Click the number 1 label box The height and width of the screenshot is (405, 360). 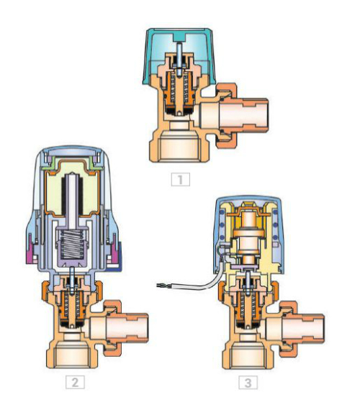click(181, 179)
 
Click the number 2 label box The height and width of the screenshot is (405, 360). click(75, 382)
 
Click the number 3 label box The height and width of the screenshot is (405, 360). click(248, 382)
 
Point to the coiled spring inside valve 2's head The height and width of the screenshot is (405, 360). click(71, 245)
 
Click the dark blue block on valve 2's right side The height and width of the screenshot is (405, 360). click(118, 255)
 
